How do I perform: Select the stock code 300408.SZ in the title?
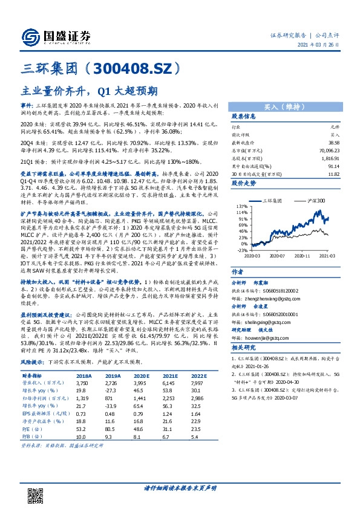pos(138,67)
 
